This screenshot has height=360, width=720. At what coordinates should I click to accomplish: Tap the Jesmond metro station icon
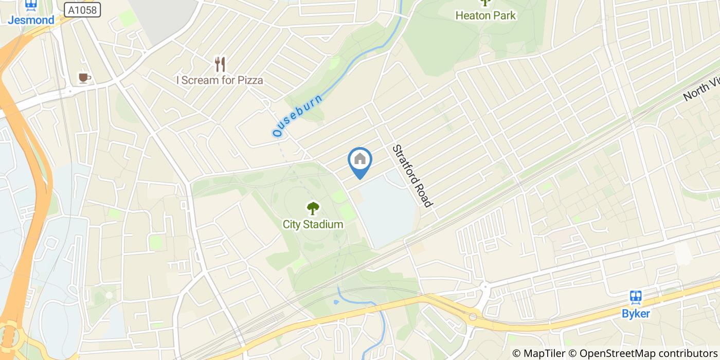[31, 5]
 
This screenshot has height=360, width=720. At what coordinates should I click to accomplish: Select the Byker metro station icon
[636, 297]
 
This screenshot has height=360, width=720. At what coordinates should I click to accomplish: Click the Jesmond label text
[31, 20]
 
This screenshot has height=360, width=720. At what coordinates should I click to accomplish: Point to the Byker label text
[636, 313]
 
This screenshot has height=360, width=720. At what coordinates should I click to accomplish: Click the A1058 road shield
[82, 10]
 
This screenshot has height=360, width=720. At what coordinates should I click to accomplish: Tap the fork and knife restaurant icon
[220, 64]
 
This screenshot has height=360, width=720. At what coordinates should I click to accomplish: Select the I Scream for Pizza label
[220, 80]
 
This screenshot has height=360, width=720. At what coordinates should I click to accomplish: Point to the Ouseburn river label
[298, 115]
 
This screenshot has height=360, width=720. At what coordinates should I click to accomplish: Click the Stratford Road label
[411, 176]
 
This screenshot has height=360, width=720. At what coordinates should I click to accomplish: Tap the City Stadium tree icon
[313, 208]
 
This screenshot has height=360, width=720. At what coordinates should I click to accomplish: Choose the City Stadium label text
[313, 224]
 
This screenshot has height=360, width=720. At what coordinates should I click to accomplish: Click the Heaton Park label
[485, 15]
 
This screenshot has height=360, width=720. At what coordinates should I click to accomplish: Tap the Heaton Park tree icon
[485, 3]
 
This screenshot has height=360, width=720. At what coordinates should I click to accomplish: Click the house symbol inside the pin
[360, 158]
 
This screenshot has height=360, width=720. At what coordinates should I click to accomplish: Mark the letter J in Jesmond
[11, 20]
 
